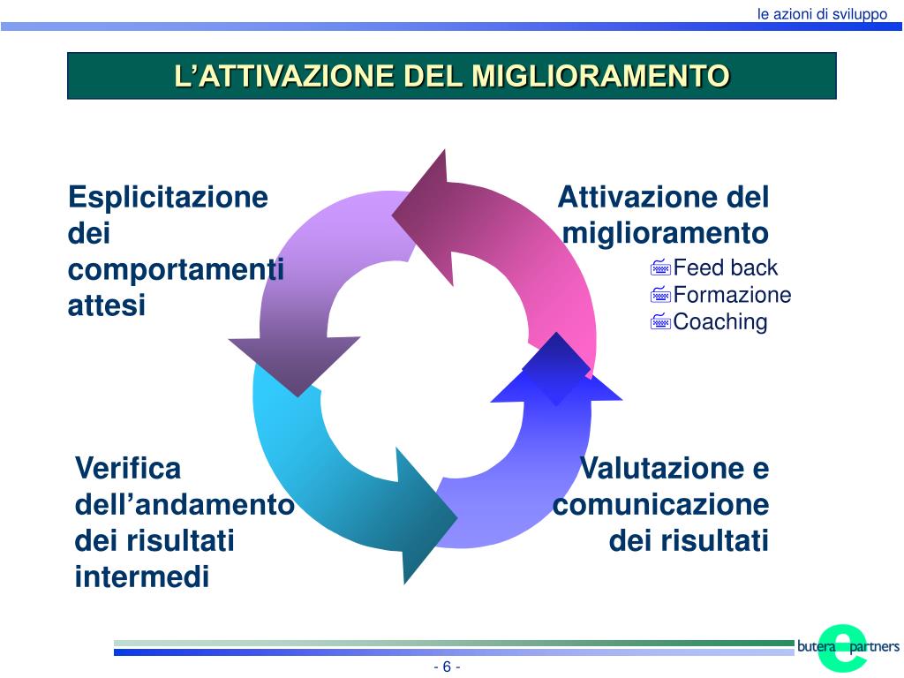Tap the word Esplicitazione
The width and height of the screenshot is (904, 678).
pyautogui.click(x=168, y=197)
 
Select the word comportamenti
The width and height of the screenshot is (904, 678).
pyautogui.click(x=176, y=269)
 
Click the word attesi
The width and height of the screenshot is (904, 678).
pyautogui.click(x=107, y=305)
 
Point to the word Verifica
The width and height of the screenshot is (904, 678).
pyautogui.click(x=128, y=468)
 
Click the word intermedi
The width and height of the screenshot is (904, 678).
pyautogui.click(x=142, y=577)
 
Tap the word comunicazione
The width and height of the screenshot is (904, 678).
pyautogui.click(x=661, y=505)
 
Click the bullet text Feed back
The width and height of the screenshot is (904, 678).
pyautogui.click(x=726, y=267)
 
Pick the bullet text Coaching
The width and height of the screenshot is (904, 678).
pyautogui.click(x=720, y=321)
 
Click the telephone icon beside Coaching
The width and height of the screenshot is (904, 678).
pyautogui.click(x=661, y=322)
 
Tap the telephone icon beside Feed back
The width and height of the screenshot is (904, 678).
pyautogui.click(x=661, y=268)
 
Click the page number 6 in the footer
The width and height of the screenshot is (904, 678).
pyautogui.click(x=447, y=667)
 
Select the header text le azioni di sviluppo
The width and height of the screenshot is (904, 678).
pyautogui.click(x=822, y=14)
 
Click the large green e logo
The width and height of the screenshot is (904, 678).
pyautogui.click(x=842, y=647)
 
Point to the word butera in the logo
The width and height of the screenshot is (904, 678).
pyautogui.click(x=816, y=647)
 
